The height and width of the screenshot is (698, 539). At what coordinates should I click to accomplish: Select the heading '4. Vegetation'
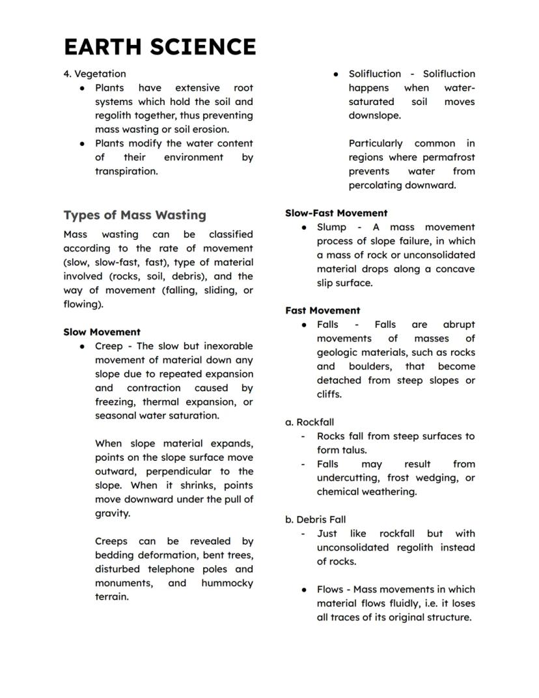coord(94,74)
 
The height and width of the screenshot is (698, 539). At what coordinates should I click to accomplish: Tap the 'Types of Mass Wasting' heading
coord(135,215)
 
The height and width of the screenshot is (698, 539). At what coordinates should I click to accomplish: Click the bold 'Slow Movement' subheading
coord(102,332)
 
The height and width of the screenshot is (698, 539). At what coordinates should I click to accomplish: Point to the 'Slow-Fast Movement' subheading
coord(336,213)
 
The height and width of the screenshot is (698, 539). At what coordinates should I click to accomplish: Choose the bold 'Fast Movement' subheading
coord(322,310)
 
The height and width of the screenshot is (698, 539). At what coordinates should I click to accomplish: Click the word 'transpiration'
coord(126,171)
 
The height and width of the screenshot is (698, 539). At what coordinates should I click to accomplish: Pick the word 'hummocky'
coord(227,583)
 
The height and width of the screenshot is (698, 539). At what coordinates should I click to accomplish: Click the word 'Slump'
coord(331,227)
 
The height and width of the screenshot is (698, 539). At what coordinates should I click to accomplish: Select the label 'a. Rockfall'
coord(309,422)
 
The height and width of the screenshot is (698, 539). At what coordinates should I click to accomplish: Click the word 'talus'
coord(354,450)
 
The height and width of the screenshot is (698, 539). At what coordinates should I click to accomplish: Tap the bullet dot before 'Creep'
coord(82,347)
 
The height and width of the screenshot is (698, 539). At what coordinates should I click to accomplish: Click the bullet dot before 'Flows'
coord(304,590)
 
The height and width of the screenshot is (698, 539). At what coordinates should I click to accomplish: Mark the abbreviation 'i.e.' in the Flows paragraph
coord(431,603)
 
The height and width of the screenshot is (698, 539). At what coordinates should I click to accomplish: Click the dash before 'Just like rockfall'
coord(303,534)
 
